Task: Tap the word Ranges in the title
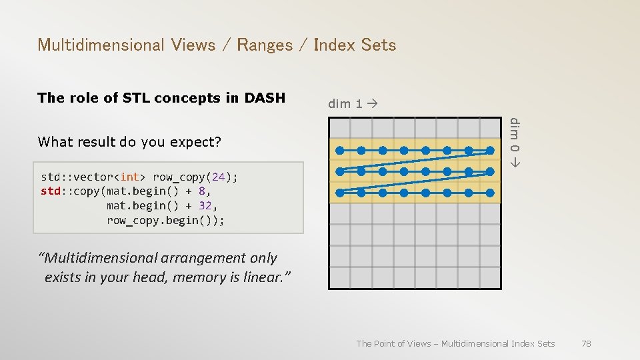tap(265, 45)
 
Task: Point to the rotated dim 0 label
tap(514, 141)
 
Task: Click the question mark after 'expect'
tap(218, 142)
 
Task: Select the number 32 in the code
tap(205, 206)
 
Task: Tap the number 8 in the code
tap(201, 191)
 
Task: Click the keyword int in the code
tap(130, 177)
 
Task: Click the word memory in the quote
tap(198, 277)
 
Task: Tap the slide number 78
tap(586, 343)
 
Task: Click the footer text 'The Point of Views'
tap(394, 343)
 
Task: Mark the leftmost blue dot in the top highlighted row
tap(340, 150)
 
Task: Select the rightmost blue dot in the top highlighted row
tap(489, 150)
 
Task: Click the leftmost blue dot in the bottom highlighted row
tap(340, 193)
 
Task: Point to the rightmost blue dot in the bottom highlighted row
tap(489, 193)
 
